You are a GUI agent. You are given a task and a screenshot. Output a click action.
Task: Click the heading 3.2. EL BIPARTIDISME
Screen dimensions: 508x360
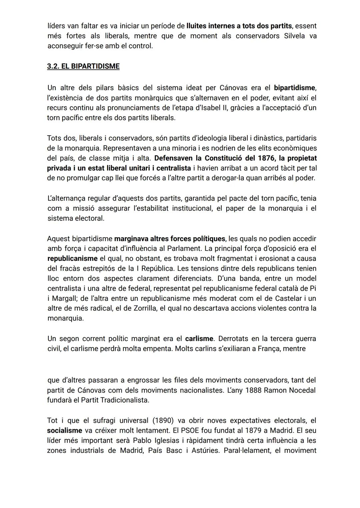[83, 66]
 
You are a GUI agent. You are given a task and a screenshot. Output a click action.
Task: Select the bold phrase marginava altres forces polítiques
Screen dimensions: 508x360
[170, 239]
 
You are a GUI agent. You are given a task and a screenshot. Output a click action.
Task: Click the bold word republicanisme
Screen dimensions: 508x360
[72, 258]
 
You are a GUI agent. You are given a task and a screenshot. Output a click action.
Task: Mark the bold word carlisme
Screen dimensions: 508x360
[199, 338]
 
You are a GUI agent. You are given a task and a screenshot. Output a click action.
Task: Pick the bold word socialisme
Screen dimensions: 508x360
[65, 430]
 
